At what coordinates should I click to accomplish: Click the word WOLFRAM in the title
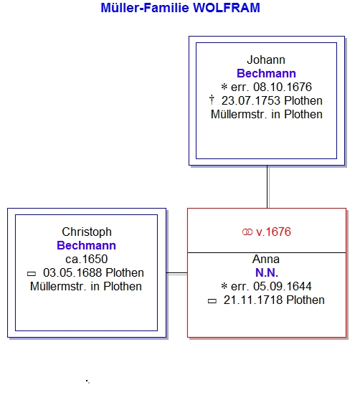point(226,8)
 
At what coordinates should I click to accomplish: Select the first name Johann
point(266,60)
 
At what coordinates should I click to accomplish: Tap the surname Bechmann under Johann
point(266,73)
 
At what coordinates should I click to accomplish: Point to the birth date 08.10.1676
point(283,87)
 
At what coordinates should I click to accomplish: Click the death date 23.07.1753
point(251,101)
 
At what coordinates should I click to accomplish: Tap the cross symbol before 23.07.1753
point(212,100)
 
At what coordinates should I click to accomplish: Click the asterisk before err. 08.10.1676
point(224,87)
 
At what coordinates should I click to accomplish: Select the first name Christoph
point(87,232)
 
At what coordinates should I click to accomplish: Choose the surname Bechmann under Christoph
point(86,245)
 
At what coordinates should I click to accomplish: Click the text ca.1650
point(86,259)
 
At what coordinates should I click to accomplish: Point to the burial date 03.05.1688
point(72,272)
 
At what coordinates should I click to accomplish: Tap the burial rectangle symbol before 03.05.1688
point(32,274)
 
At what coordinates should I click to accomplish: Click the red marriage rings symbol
point(247,232)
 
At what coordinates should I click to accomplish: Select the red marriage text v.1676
point(273,232)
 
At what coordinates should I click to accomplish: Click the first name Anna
point(266,260)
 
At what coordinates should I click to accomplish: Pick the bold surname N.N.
point(267,272)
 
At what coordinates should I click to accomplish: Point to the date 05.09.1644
point(282,287)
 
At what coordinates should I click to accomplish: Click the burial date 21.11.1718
point(253,300)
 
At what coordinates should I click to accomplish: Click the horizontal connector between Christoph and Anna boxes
point(177,273)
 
